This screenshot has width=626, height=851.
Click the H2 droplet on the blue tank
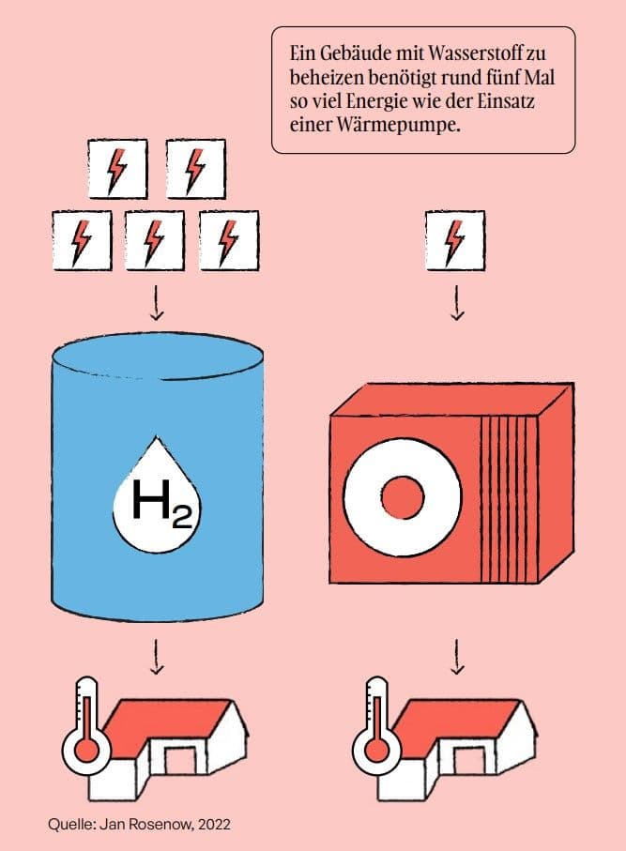(x=157, y=495)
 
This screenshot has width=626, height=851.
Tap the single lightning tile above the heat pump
(x=455, y=241)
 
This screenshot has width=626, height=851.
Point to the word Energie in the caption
(x=376, y=101)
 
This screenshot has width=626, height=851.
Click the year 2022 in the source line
(x=214, y=825)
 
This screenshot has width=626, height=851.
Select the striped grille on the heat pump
(x=509, y=498)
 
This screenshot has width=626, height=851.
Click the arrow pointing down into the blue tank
(x=157, y=302)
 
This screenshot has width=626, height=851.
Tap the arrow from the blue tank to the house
(x=157, y=656)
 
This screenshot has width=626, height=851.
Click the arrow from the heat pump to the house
(x=457, y=656)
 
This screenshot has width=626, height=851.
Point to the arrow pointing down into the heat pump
(x=457, y=302)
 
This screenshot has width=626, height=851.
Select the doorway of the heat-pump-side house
(x=468, y=760)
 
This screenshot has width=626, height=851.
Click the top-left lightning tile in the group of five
(x=118, y=169)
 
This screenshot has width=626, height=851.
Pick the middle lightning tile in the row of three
(x=155, y=240)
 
